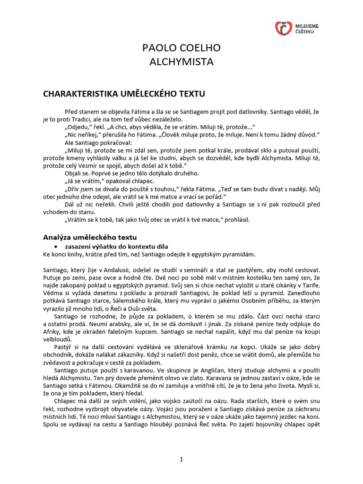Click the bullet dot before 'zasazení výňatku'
pyautogui.click(x=57, y=247)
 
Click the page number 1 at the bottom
pyautogui.click(x=181, y=460)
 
